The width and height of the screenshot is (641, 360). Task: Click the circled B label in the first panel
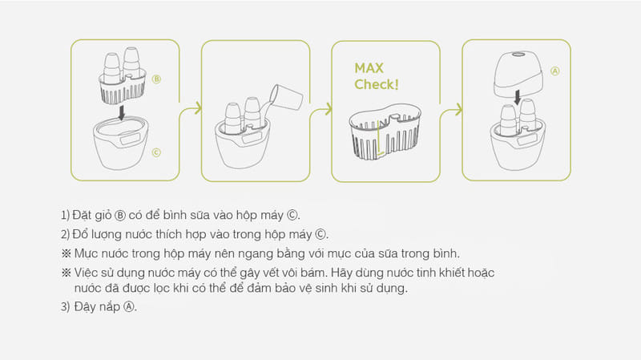pos(156,79)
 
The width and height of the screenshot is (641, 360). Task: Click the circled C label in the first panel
pos(156,152)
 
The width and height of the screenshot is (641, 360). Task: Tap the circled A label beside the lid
pos(554,71)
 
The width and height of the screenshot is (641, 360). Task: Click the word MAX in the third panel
pos(369,68)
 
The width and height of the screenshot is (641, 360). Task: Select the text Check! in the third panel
pos(377,84)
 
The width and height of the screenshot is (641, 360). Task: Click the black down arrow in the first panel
pos(122,112)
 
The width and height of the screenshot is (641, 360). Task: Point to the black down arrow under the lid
pos(518,97)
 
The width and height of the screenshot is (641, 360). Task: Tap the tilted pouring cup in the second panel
pos(286,97)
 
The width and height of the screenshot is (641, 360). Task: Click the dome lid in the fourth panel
pos(518,73)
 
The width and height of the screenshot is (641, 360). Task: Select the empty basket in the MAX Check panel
pos(385,131)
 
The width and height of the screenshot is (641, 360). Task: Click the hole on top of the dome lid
pos(518,54)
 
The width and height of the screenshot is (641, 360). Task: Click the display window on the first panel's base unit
pos(130,140)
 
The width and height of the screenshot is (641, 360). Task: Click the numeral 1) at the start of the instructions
pos(65,215)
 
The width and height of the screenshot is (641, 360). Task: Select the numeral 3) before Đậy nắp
pos(66,307)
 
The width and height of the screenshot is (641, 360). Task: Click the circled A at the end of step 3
pos(129,307)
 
